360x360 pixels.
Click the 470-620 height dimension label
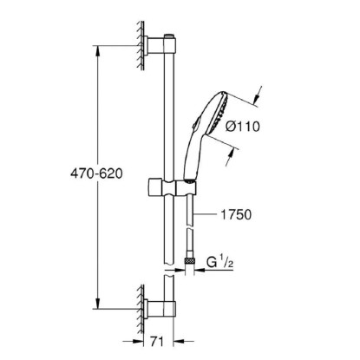96,173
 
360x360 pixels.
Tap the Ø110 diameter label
242,127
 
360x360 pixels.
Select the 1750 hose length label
236,214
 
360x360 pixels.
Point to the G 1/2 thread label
220,262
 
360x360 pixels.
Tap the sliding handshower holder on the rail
173,188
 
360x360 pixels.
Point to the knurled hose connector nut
190,261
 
